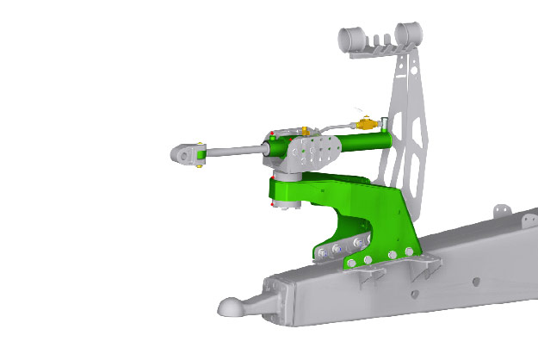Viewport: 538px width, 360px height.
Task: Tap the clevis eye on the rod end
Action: point(185,154)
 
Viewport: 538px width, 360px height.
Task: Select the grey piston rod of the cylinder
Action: point(232,152)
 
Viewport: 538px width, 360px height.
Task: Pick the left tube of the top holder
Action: point(352,39)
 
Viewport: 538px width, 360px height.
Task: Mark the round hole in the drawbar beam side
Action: point(414,294)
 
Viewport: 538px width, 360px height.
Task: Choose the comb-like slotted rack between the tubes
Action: point(380,40)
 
